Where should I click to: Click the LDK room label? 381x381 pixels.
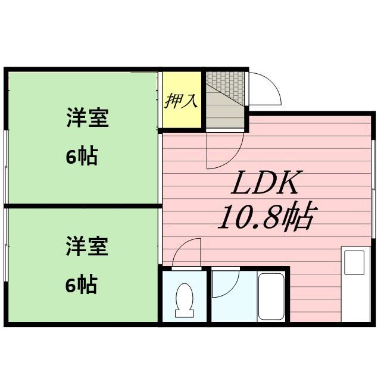click(265, 185)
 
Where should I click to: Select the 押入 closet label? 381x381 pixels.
click(181, 100)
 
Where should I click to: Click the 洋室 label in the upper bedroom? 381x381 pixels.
click(87, 118)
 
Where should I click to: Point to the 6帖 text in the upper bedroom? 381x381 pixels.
click(81, 157)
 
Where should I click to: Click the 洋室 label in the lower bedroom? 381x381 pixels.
click(87, 246)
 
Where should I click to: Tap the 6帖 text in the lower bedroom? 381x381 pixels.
click(81, 285)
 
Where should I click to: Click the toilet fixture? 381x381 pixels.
click(184, 299)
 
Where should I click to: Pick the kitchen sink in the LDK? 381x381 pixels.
click(355, 262)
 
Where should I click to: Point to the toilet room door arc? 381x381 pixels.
click(187, 252)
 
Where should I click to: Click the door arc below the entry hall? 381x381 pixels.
click(225, 150)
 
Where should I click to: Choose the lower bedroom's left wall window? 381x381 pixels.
click(6, 262)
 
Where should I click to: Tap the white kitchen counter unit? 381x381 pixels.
click(356, 286)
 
